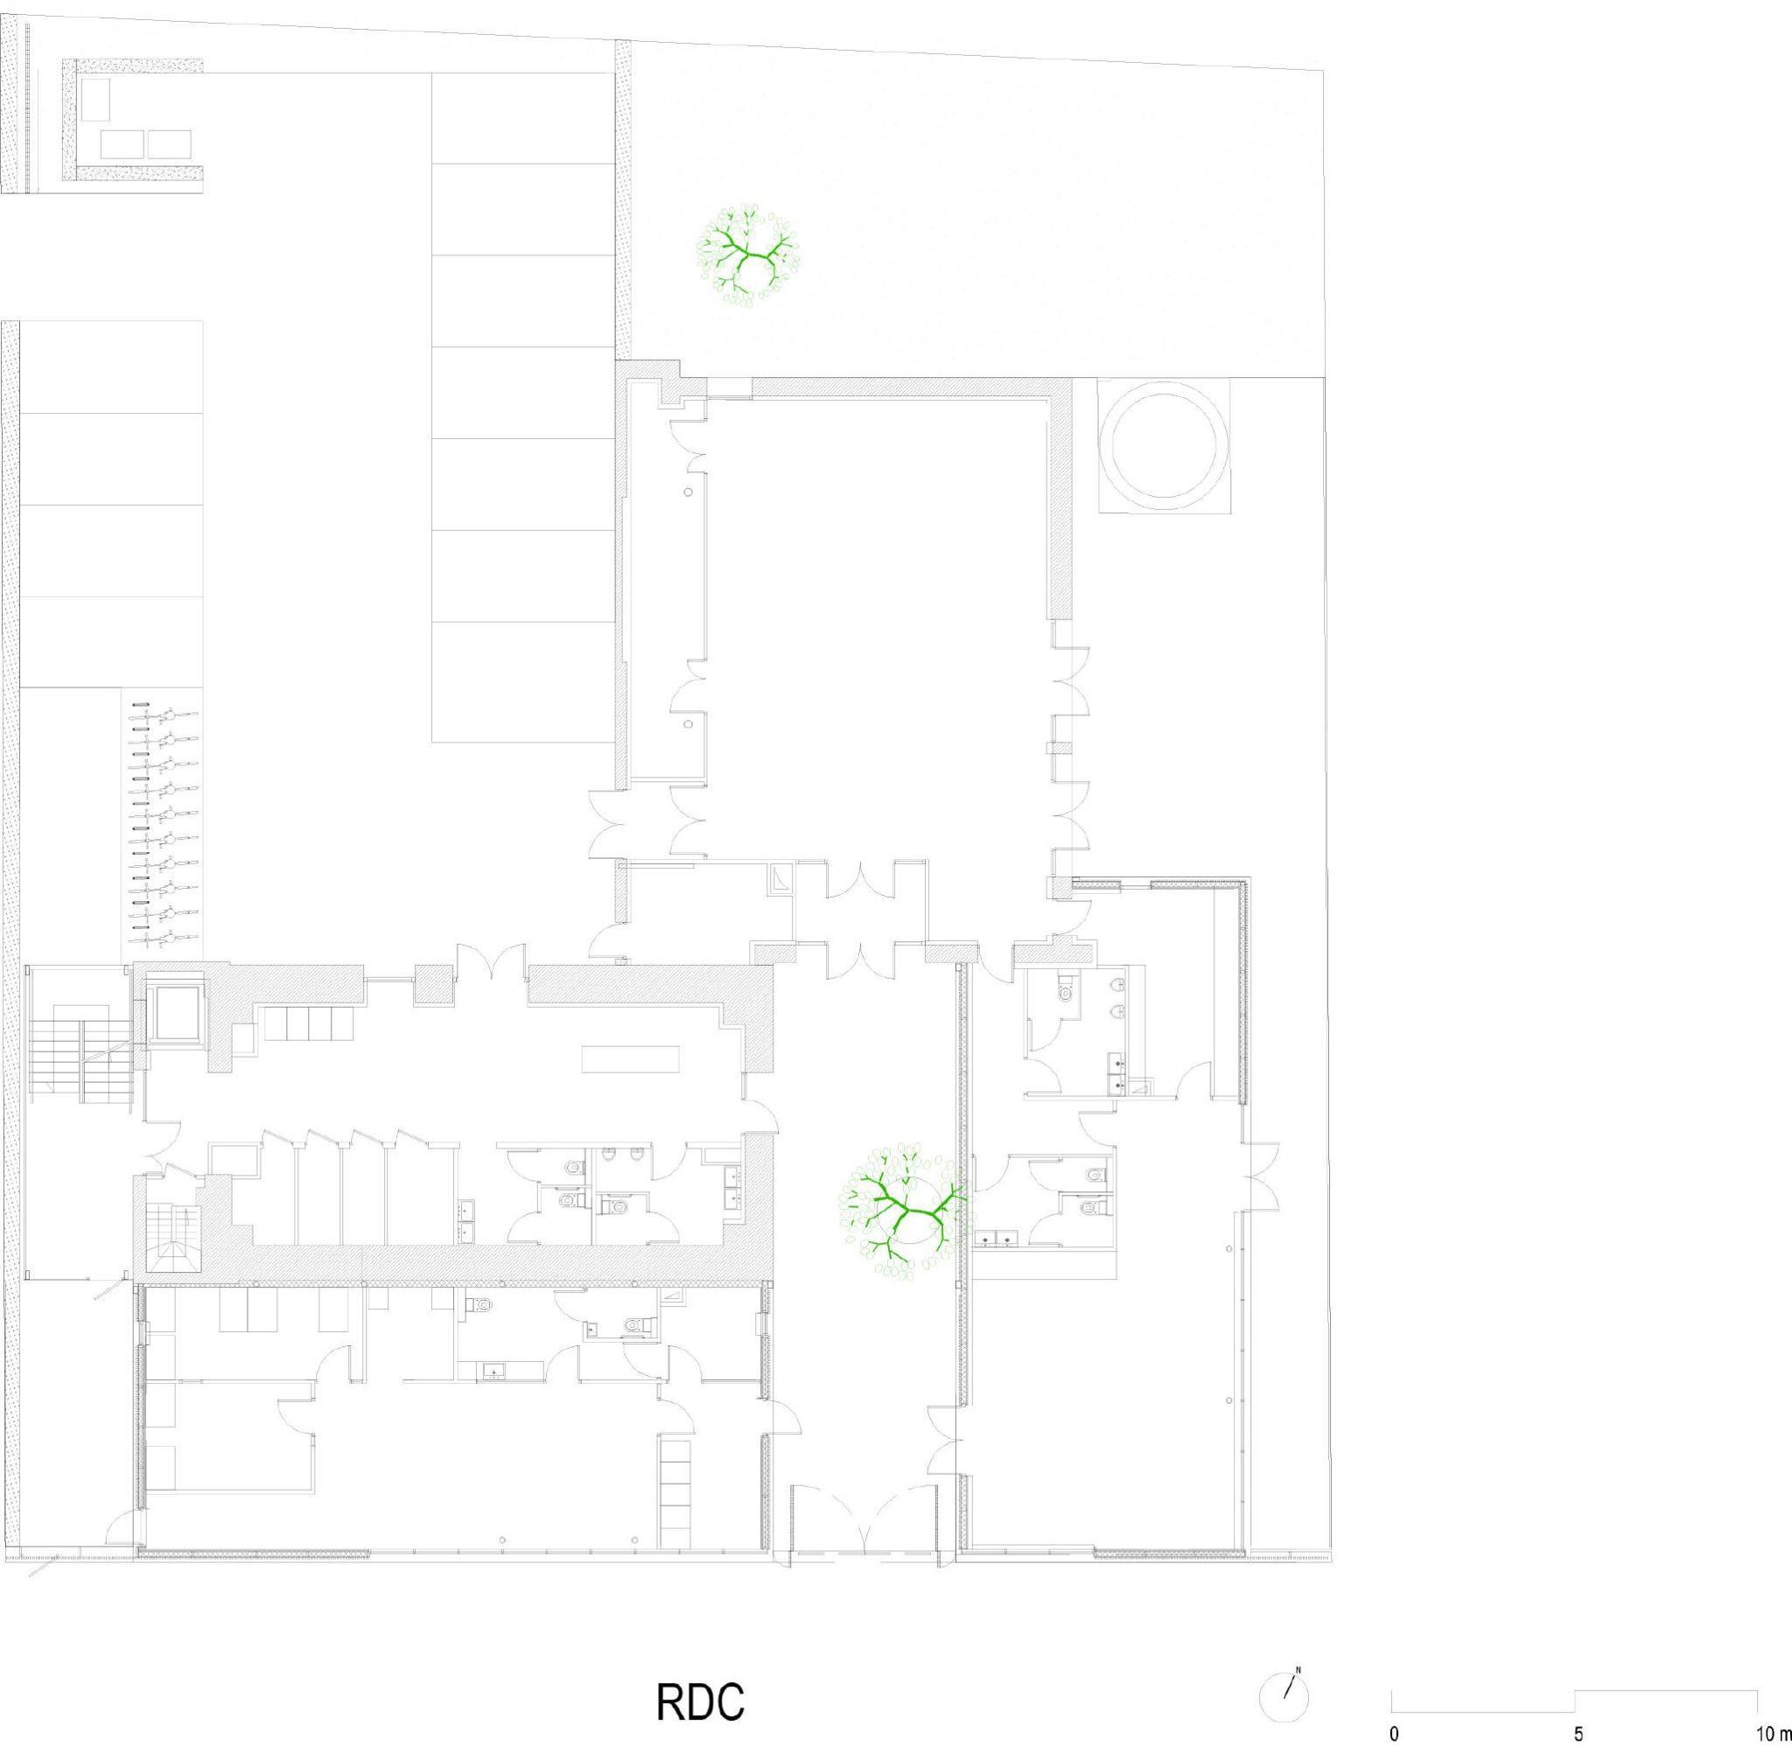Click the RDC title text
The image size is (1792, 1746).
click(701, 1674)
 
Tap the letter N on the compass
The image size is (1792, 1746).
click(1298, 1645)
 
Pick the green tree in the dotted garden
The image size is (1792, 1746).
click(748, 255)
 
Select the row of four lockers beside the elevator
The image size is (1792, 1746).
click(309, 1023)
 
